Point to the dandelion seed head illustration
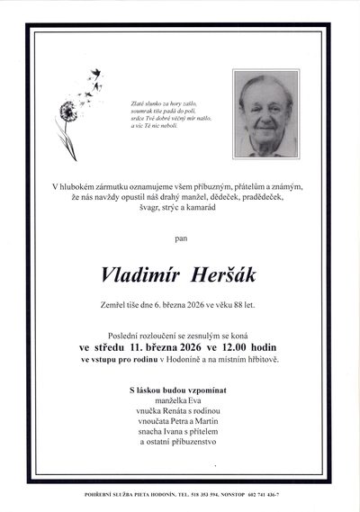pos(67,111)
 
